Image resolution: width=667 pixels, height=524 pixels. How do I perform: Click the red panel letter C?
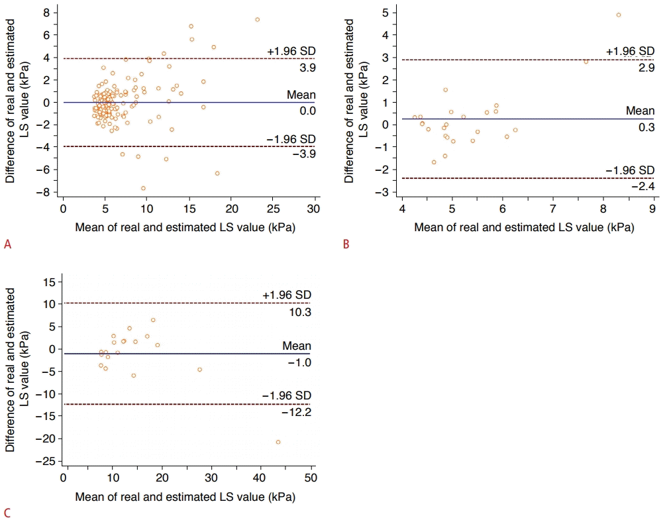7,512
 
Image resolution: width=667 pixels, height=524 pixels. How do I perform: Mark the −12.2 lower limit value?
296,412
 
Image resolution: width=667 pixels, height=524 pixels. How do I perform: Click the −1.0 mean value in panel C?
299,362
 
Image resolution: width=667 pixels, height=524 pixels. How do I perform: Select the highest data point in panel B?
618,15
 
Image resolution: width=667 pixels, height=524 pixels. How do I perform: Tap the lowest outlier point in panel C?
278,442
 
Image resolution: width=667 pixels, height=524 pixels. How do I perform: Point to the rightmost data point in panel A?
257,19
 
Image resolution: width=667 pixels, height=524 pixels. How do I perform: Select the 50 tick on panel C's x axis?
311,478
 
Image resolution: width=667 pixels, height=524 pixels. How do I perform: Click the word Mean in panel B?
639,111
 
